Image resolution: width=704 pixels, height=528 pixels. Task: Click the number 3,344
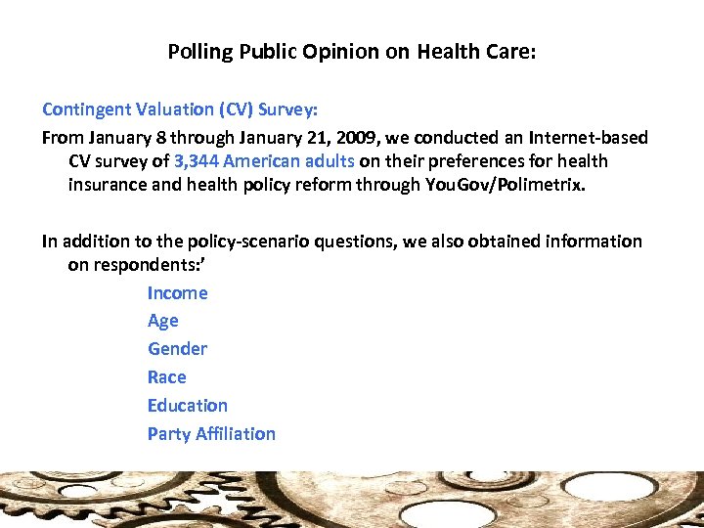coord(200,160)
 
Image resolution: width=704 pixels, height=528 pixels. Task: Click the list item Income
coord(177,293)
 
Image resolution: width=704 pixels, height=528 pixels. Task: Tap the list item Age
coord(162,321)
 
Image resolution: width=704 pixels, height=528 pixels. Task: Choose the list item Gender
coord(177,349)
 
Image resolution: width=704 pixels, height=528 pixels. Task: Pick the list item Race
coord(166,377)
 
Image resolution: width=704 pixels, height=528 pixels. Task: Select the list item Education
coord(187,406)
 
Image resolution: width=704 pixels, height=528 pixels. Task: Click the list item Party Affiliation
coord(211,434)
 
